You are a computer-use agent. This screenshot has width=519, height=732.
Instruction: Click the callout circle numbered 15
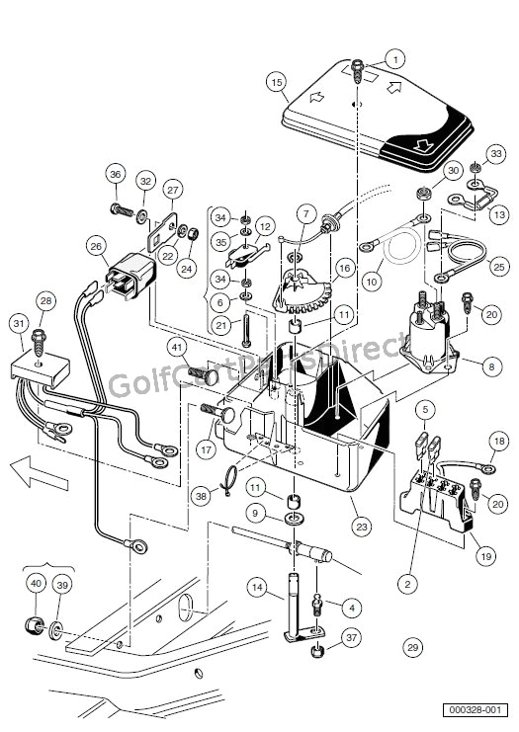coord(276,83)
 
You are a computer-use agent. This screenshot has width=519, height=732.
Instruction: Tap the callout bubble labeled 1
coord(395,59)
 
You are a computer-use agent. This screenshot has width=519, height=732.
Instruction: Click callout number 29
coord(412,648)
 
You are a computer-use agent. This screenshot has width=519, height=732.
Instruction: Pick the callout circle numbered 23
coord(362,527)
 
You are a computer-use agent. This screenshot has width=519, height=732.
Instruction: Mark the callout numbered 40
coord(35,584)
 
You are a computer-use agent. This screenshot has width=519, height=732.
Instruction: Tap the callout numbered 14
coord(257,587)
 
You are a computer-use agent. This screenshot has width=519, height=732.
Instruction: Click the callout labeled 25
coord(498,266)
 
